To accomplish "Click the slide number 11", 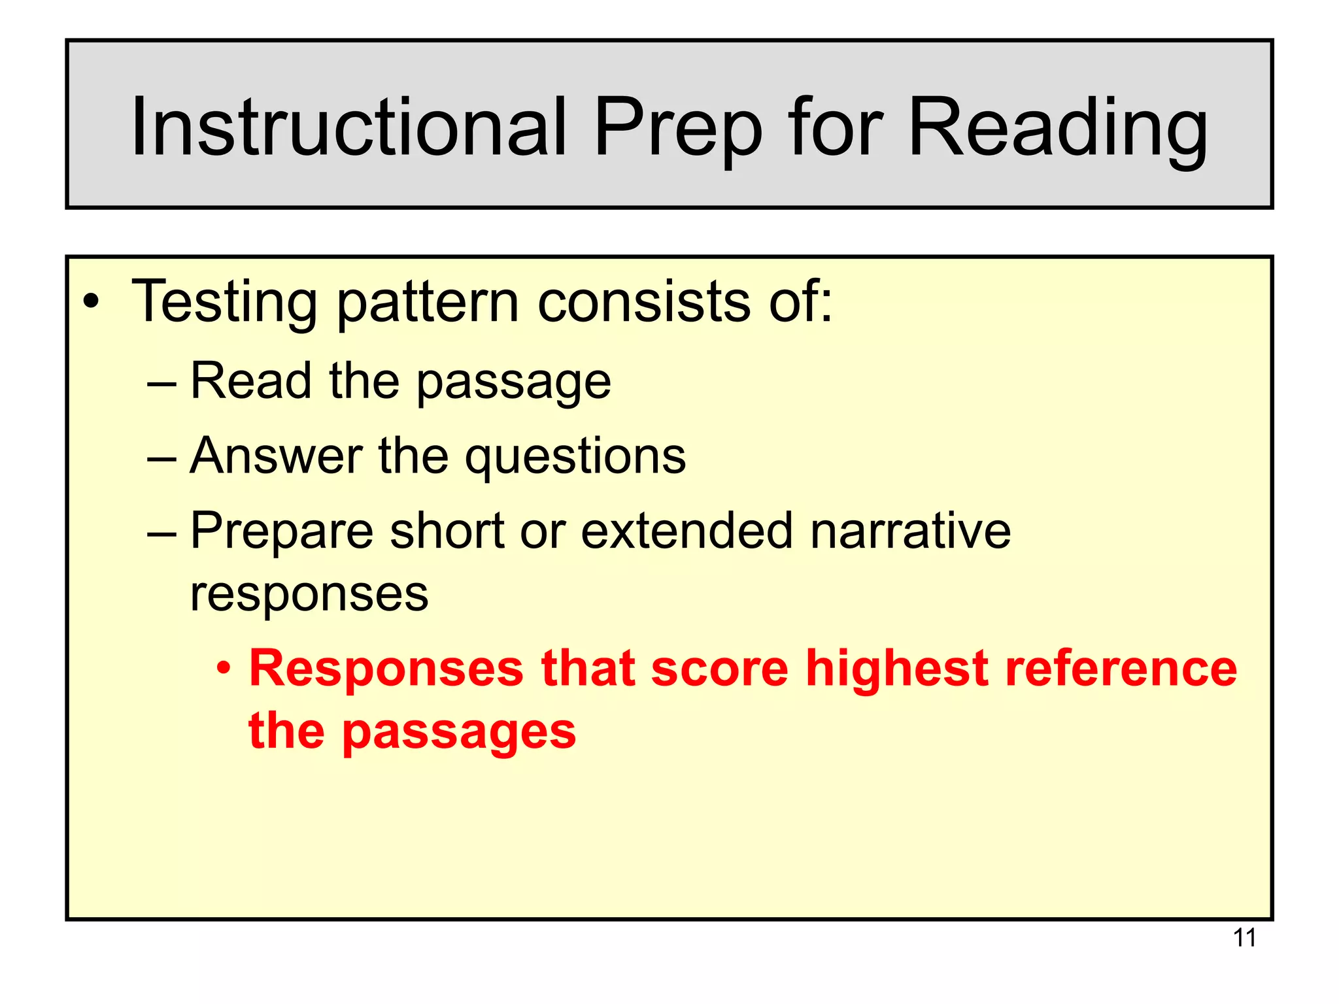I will [1244, 938].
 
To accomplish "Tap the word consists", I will [644, 302].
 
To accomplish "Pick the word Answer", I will [276, 456].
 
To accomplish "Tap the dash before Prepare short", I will [161, 531].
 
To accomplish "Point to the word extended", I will [687, 530].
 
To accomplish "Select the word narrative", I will [911, 530].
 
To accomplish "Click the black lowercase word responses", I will [309, 595].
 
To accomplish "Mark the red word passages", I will [459, 732].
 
